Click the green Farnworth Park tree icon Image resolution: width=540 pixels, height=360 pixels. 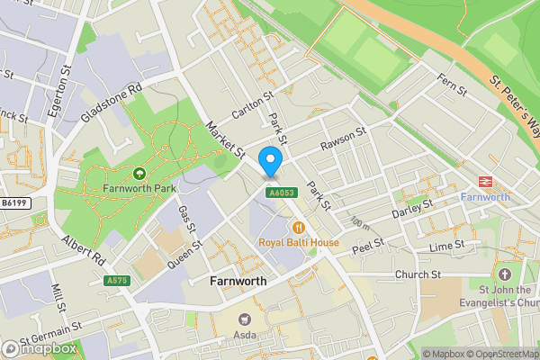coord(139,174)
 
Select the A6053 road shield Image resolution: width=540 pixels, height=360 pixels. coord(280,193)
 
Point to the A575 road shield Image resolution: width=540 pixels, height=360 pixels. coord(117,280)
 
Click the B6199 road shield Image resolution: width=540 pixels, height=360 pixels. coord(13,204)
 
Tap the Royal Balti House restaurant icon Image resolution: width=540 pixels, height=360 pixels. coord(299,227)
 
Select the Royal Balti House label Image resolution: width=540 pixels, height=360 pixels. coord(299,243)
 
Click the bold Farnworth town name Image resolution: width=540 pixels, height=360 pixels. coord(238,281)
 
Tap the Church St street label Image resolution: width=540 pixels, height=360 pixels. coord(418,274)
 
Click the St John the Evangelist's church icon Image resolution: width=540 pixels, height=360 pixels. coord(504,274)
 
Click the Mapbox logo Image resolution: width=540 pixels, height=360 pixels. coord(39,348)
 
